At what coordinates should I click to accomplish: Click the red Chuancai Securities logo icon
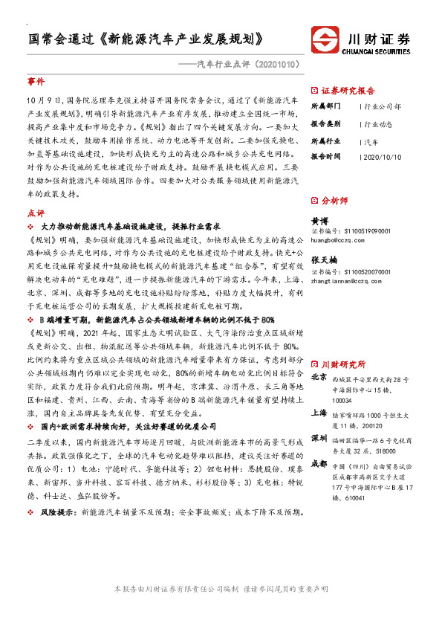pos(324,41)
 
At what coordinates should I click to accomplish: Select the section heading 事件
pos(36,80)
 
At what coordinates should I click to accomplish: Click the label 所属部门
pos(324,106)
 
